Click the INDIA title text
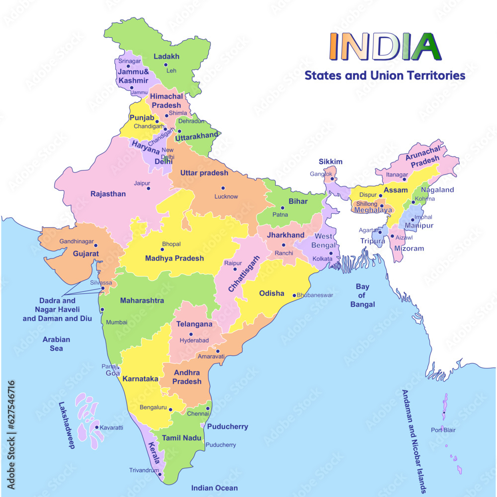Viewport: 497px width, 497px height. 385,45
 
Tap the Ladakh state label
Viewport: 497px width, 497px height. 166,57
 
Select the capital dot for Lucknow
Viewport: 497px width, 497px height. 223,188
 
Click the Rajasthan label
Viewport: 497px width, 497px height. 108,194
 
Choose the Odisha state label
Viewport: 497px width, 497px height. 271,293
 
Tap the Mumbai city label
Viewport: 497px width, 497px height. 117,322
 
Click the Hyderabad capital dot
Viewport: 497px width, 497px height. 191,334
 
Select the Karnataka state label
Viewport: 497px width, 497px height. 140,379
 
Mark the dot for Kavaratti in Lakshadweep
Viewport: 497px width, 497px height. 96,427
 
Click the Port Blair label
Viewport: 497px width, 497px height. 443,430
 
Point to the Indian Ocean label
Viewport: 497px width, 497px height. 214,488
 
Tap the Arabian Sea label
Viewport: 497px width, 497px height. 56,344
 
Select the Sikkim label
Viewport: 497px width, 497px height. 331,162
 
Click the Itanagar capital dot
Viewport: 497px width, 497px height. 404,179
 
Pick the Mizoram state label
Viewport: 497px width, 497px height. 409,248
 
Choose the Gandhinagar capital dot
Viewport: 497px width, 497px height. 96,246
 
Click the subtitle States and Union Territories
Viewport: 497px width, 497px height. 385,76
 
